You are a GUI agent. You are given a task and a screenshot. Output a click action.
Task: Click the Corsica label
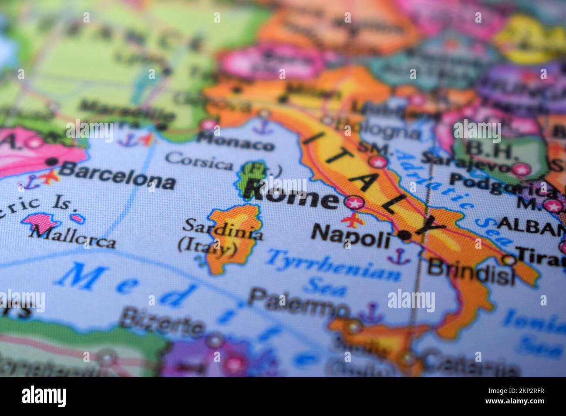(x=199, y=162)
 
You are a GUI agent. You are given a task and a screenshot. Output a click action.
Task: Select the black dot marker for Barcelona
(x=51, y=162)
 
